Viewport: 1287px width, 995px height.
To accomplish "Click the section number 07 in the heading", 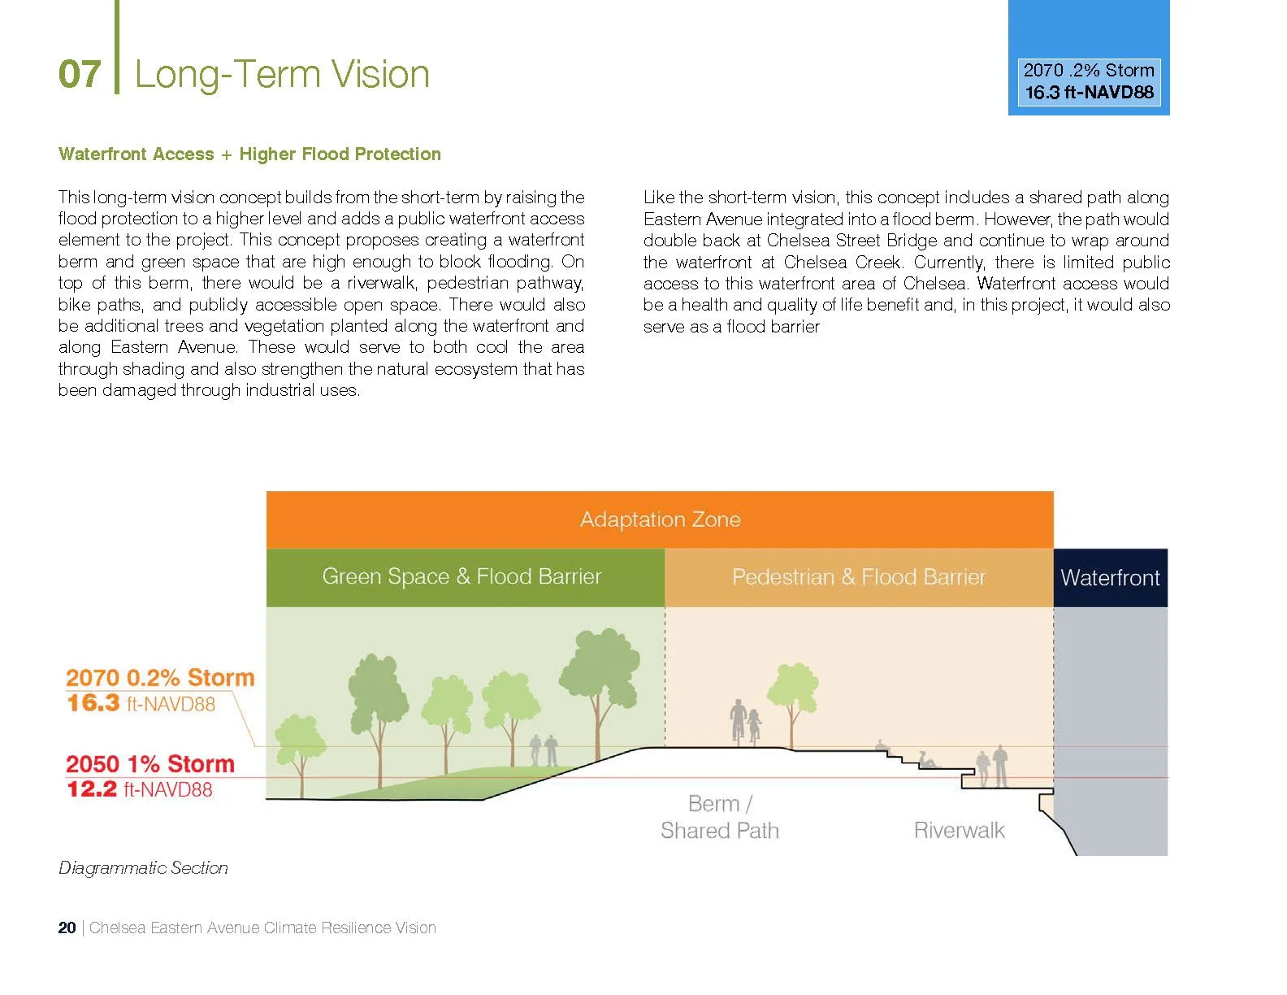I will click(x=79, y=75).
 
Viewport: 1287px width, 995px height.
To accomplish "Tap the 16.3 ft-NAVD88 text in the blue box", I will click(x=1089, y=93).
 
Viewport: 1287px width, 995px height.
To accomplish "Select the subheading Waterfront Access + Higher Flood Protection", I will click(x=249, y=154).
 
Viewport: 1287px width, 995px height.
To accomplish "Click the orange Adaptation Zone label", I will click(x=660, y=519).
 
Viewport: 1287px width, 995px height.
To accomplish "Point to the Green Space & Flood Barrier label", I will click(x=461, y=577).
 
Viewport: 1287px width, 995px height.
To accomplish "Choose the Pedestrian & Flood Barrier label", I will click(x=858, y=578).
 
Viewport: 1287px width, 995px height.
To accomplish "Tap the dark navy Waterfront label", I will click(x=1110, y=578).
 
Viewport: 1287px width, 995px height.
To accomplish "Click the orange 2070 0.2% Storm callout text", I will click(x=160, y=678).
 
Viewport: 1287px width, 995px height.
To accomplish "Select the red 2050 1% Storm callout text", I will click(x=150, y=764).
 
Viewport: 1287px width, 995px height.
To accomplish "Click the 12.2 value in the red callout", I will click(x=92, y=789).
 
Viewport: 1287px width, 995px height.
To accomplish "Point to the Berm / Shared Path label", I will click(x=720, y=817).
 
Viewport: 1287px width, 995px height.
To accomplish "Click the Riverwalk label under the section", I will click(x=959, y=831).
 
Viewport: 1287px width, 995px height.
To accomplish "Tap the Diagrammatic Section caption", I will click(x=143, y=868).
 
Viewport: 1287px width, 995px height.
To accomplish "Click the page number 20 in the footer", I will click(x=67, y=928).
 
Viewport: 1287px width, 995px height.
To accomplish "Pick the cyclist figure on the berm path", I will click(x=738, y=720).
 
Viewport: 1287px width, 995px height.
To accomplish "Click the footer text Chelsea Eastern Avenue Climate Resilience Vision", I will click(x=262, y=928).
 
